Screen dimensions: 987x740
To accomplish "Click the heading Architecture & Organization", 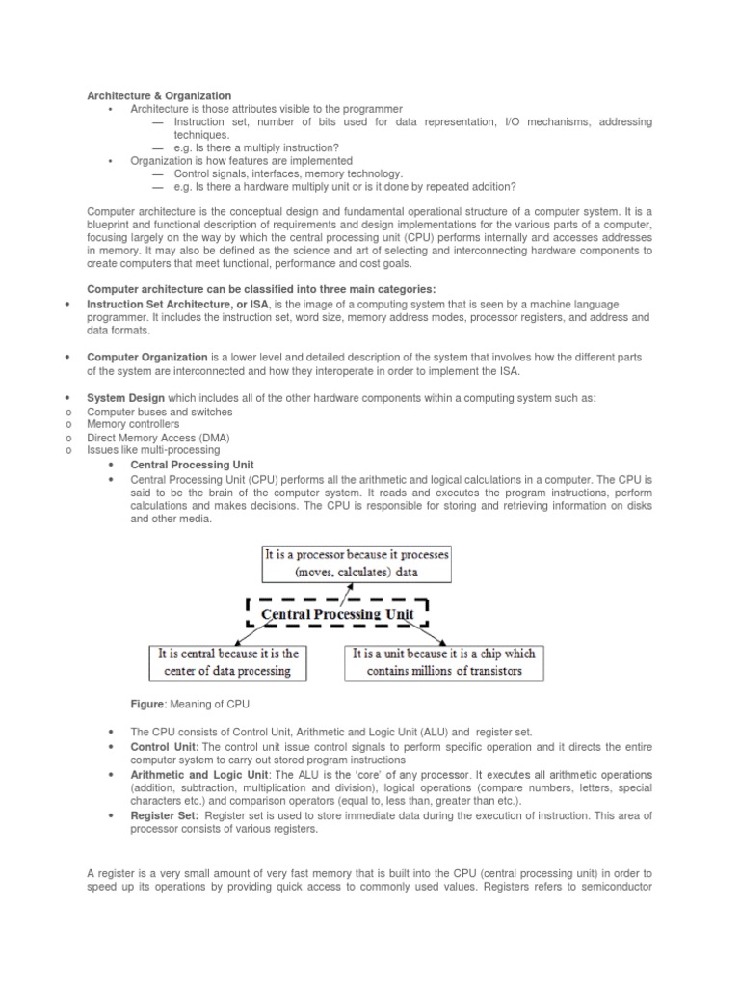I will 160,95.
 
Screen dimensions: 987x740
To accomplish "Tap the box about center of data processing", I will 228,662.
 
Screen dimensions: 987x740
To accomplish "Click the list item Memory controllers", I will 133,424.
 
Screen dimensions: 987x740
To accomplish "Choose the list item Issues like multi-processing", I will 153,449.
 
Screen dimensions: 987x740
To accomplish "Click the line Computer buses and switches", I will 160,412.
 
